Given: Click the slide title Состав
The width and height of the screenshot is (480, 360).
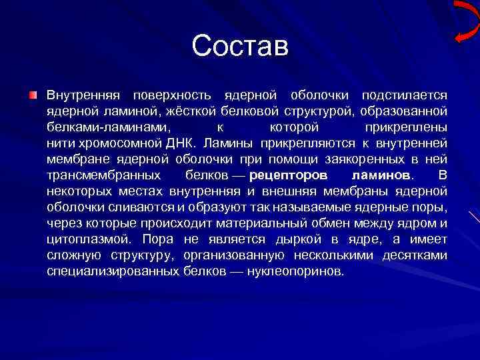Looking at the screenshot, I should click(x=240, y=46).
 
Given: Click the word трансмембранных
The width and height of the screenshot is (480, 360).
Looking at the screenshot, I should click(x=103, y=175).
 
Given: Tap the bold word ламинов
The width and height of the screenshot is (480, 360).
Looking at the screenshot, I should click(x=381, y=175).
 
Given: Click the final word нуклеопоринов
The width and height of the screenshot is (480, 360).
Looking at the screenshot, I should click(x=295, y=271).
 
